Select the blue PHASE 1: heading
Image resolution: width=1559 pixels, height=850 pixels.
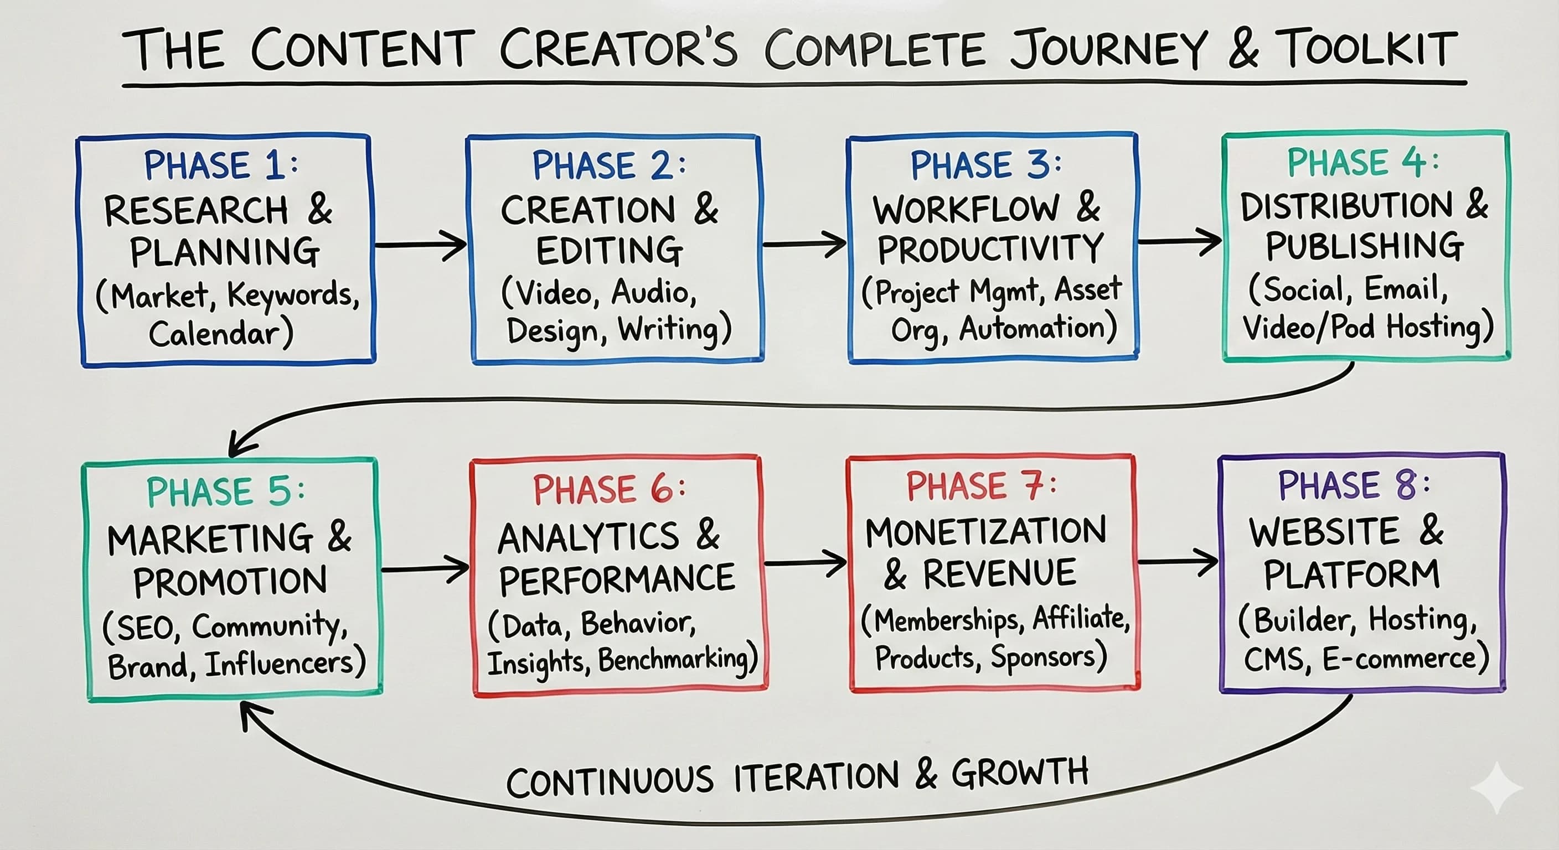[221, 164]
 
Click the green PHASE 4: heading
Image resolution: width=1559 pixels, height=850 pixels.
[1362, 162]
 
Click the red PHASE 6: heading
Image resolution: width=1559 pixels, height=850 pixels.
[609, 489]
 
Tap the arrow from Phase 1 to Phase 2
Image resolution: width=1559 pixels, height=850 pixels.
[421, 245]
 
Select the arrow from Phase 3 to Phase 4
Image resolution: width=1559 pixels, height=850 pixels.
[1179, 241]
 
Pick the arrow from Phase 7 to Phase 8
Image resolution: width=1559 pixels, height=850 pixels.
[1177, 562]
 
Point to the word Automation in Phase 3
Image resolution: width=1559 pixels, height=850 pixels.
[1037, 329]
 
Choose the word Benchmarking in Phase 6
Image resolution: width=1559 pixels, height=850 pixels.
[677, 659]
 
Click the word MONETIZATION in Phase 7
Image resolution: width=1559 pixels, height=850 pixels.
[985, 532]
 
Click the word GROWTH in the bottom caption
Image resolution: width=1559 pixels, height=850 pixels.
[1020, 773]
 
